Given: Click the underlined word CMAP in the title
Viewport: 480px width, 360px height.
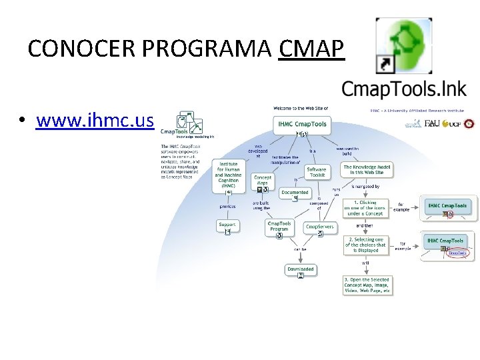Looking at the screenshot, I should tap(312, 49).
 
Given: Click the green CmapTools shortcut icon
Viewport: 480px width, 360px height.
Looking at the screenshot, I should tap(403, 45).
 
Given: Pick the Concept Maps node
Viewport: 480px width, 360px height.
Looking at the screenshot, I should tap(263, 181).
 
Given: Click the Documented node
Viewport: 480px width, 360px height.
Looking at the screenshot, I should tap(295, 193).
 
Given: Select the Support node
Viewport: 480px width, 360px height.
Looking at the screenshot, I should tap(227, 225).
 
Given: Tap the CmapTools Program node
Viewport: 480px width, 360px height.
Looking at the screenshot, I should tap(279, 227).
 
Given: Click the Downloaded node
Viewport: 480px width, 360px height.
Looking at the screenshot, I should tap(300, 269).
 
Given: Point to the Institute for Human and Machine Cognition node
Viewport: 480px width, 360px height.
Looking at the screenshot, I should tap(228, 175).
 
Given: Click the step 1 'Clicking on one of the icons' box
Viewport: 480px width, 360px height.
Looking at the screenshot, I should tap(365, 208).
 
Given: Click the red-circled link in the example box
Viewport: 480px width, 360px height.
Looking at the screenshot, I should tap(457, 253).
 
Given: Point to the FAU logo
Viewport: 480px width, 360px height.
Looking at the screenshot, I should tap(431, 123).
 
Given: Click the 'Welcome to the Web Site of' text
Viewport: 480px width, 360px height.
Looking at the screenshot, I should tap(301, 107).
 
